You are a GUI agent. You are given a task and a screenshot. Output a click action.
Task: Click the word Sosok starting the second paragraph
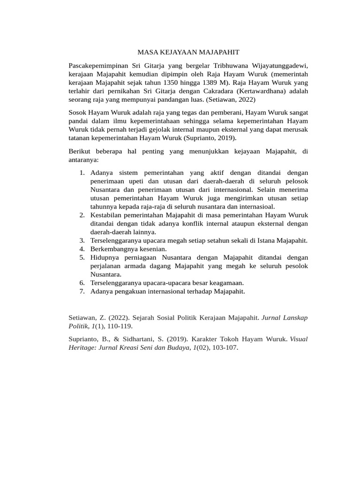[x=78, y=112]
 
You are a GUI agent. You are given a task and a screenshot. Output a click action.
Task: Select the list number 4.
[x=81, y=249]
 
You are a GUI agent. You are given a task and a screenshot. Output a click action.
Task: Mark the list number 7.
[x=81, y=291]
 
